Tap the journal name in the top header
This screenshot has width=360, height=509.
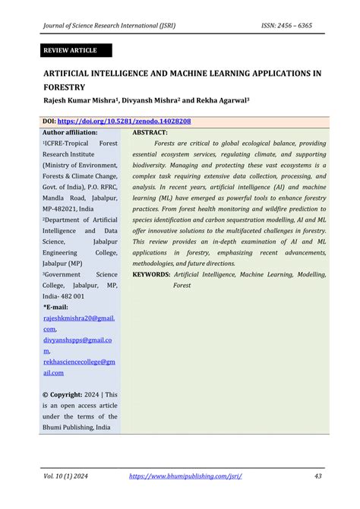pos(109,24)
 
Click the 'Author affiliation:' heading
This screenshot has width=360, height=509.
pos(70,132)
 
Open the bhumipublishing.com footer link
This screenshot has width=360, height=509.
pos(185,476)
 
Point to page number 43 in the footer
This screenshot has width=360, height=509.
pos(318,476)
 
